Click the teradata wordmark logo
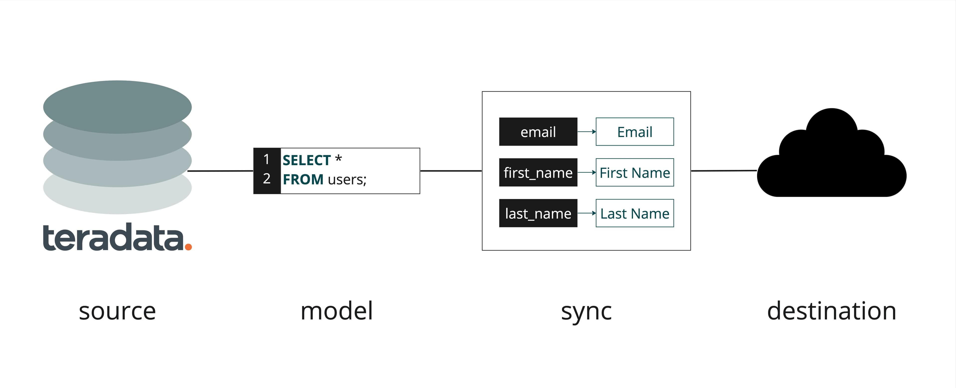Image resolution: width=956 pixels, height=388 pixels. click(113, 237)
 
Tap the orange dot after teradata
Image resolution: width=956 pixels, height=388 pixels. click(188, 246)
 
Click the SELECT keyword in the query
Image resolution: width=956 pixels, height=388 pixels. click(306, 160)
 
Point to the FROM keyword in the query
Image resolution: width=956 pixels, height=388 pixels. click(303, 180)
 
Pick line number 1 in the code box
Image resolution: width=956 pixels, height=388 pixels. click(266, 159)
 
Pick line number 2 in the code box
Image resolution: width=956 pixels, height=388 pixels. click(266, 179)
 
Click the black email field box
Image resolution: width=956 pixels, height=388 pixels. click(538, 132)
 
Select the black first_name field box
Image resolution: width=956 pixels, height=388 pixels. click(538, 172)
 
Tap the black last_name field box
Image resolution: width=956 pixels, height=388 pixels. click(538, 213)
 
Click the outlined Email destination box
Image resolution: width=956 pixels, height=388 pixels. click(635, 132)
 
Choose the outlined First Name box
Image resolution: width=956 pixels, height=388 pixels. click(635, 172)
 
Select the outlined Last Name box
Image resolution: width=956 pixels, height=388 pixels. click(635, 213)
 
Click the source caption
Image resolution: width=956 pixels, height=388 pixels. click(117, 311)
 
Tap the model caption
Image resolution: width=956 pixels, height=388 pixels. click(337, 311)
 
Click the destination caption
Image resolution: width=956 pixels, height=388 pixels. click(831, 311)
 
